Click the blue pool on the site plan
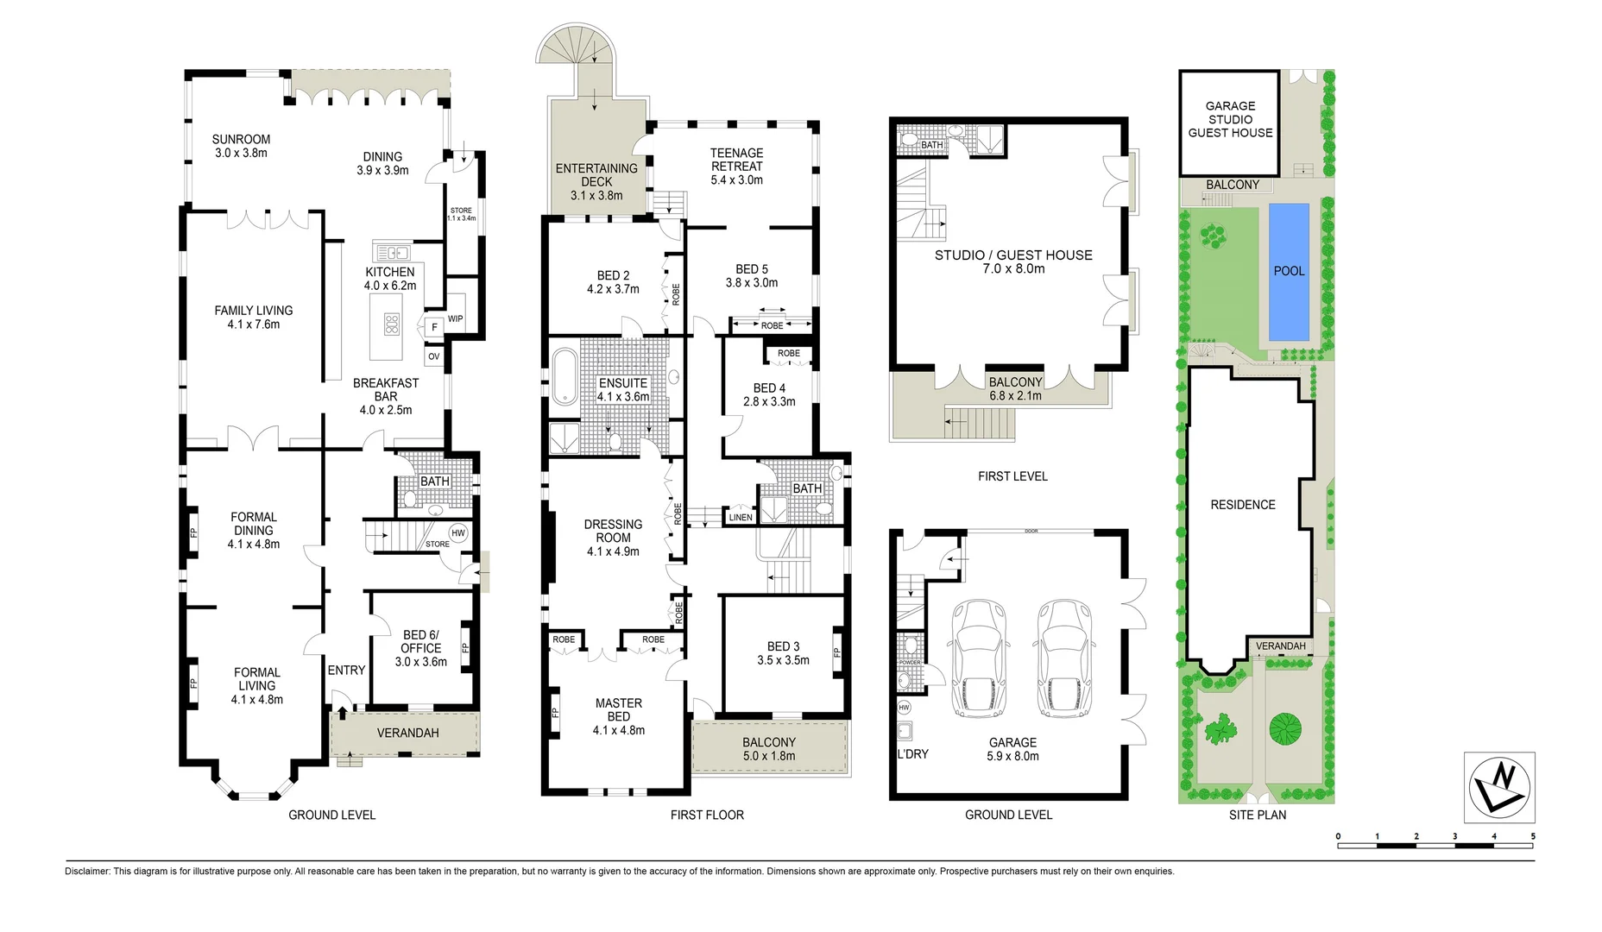pos(1289,272)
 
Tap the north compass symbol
pos(1499,787)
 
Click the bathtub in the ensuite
pos(564,376)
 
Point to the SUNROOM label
pos(241,140)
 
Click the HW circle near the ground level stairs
pos(458,532)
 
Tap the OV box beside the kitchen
pos(433,356)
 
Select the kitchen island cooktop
pos(391,324)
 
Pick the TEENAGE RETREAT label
pos(736,160)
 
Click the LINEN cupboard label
pos(741,518)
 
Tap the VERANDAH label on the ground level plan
pos(407,733)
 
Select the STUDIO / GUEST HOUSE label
pos(1012,255)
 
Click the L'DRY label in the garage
pos(912,754)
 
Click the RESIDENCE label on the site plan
pos(1242,505)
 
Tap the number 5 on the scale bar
pos(1533,836)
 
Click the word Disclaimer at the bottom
pos(88,872)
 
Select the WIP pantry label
pos(455,319)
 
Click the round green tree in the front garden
pos(1284,729)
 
